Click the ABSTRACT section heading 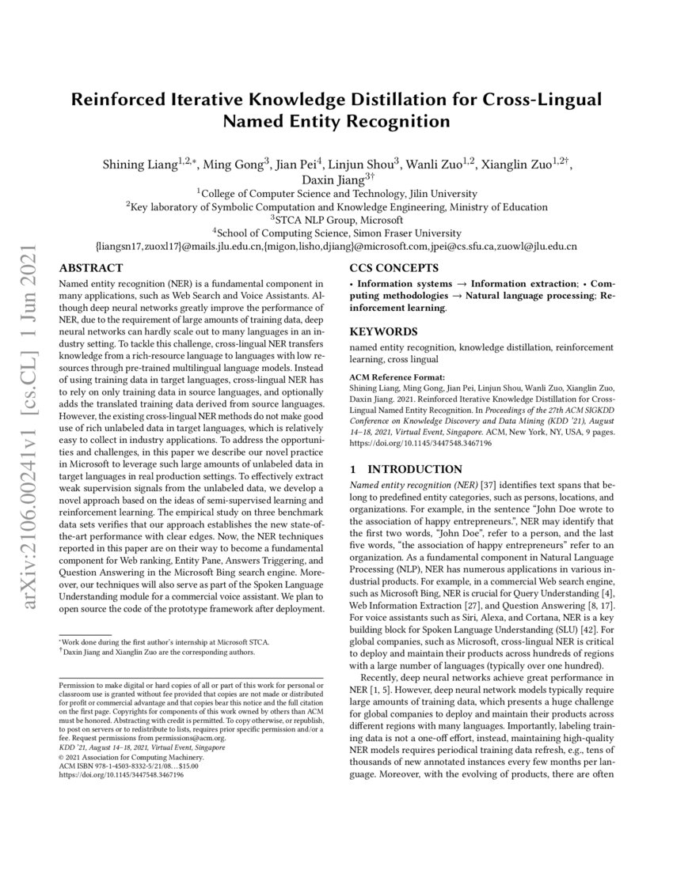(x=90, y=268)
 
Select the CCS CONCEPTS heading (x=394, y=268)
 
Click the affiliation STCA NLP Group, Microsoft (x=336, y=219)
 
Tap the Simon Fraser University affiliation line (x=336, y=233)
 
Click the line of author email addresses (x=336, y=246)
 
